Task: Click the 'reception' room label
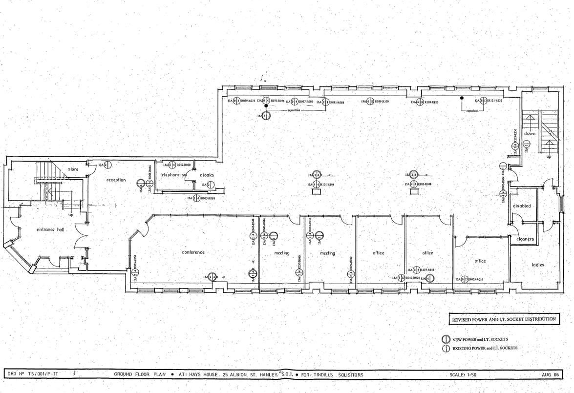(116, 180)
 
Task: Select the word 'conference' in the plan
(193, 252)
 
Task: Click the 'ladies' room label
(538, 265)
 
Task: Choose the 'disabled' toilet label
(522, 206)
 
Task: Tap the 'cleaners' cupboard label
(525, 239)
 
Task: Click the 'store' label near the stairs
(73, 169)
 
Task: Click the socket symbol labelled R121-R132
(483, 101)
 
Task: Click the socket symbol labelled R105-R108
(413, 184)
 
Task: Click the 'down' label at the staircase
(530, 133)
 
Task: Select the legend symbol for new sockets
(445, 339)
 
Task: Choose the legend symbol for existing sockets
(445, 349)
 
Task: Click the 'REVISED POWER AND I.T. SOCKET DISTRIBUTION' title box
(503, 319)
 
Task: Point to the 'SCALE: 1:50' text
(464, 375)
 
